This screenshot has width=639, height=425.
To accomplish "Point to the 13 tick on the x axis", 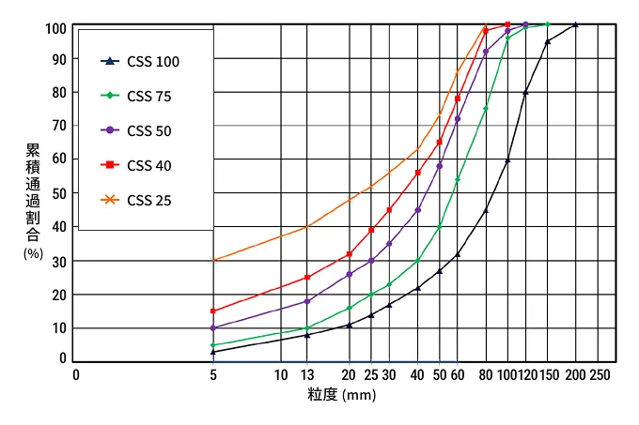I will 307,375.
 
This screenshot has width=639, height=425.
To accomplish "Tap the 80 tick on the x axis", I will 486,375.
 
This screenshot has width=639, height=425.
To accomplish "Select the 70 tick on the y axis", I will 59,126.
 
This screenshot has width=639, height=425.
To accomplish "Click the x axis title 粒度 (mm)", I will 341,395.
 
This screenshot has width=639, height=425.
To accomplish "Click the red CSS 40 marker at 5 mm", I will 213,311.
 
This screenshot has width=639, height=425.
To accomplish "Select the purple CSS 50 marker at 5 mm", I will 213,327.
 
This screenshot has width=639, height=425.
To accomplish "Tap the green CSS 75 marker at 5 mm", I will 213,345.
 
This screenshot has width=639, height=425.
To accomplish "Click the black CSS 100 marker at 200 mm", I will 575,25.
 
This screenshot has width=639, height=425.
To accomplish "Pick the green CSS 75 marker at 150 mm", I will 548,24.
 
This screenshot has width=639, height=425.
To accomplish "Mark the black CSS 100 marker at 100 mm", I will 507,160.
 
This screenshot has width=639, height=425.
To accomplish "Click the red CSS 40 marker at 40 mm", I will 417,172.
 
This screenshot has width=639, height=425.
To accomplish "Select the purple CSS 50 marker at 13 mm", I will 307,301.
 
